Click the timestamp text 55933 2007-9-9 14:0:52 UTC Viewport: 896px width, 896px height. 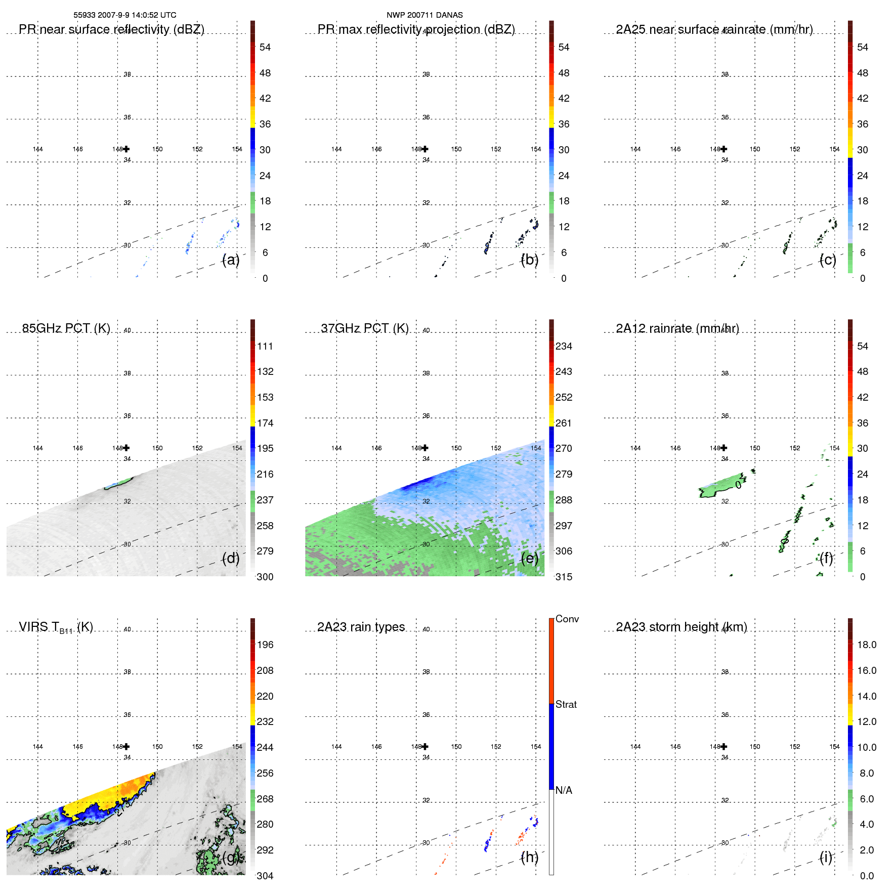tap(124, 15)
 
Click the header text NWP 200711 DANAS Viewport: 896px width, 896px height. tap(424, 15)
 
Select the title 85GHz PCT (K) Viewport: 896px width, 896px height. tap(66, 328)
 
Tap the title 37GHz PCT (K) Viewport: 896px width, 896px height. tap(364, 328)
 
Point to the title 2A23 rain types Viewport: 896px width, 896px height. tap(361, 627)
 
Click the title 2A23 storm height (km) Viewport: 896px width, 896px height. tap(681, 627)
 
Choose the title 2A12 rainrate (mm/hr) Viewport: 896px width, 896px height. tap(677, 328)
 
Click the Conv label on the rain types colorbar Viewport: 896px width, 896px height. tap(567, 619)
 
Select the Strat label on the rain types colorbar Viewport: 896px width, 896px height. tap(566, 704)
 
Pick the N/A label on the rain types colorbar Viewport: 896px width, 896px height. tap(564, 790)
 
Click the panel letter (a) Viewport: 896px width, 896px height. tap(231, 260)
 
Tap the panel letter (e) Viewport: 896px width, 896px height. tap(529, 559)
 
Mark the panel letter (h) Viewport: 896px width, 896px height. tap(529, 857)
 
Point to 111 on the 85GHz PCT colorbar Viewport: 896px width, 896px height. tap(265, 346)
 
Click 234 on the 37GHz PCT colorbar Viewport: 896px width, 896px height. tap(564, 346)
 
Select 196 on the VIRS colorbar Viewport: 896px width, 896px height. tap(265, 645)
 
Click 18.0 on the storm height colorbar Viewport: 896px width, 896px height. tap(866, 645)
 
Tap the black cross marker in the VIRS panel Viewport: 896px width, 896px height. tap(126, 746)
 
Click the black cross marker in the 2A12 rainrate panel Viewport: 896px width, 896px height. tap(724, 448)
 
